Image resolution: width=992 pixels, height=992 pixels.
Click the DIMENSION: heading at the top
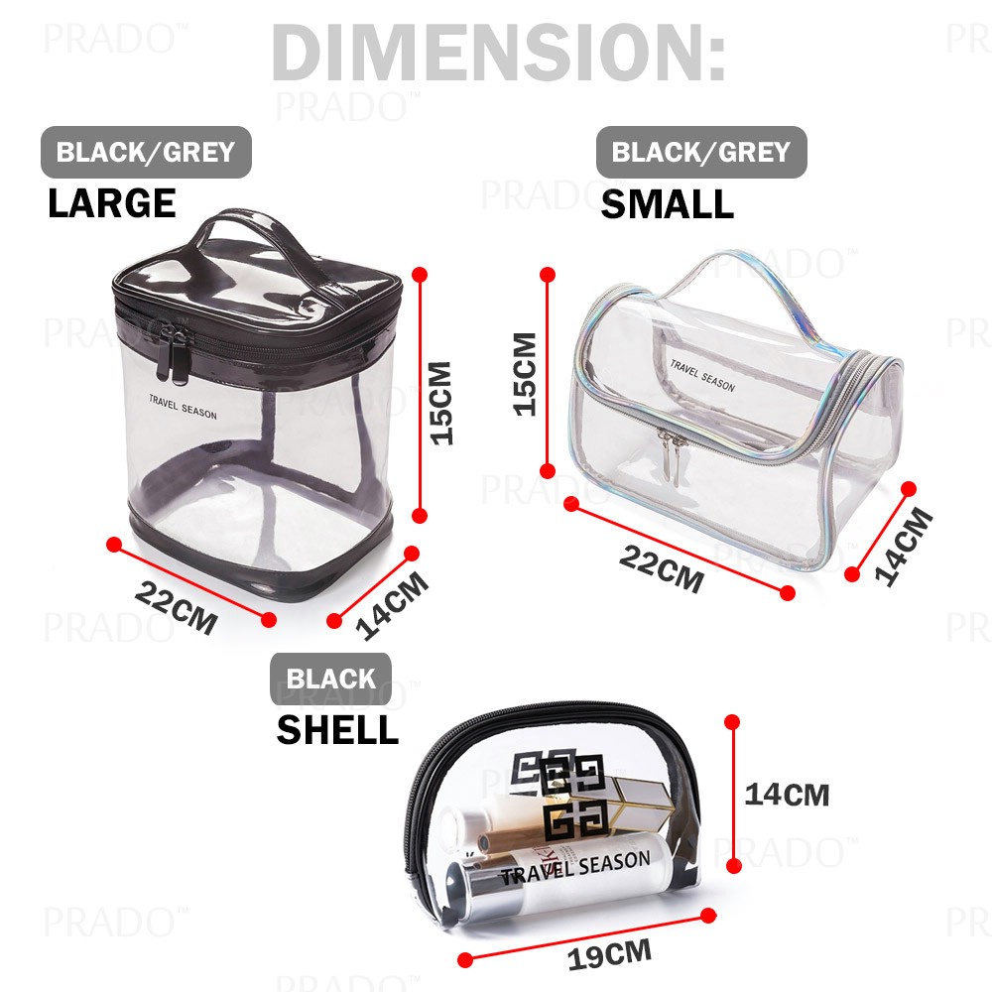[x=499, y=54]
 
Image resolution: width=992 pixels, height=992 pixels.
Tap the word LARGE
[x=112, y=203]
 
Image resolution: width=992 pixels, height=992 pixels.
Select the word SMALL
[x=667, y=204]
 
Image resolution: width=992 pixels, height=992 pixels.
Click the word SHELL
[x=337, y=730]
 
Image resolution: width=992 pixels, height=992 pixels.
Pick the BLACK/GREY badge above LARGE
[x=146, y=152]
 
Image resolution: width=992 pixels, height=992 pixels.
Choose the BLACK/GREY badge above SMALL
[x=701, y=152]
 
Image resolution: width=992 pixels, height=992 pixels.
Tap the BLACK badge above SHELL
[x=330, y=679]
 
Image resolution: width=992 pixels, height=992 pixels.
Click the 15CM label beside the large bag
[x=441, y=403]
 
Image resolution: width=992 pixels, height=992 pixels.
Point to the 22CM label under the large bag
[x=176, y=607]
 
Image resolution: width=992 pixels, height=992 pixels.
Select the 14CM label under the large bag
[x=392, y=605]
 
